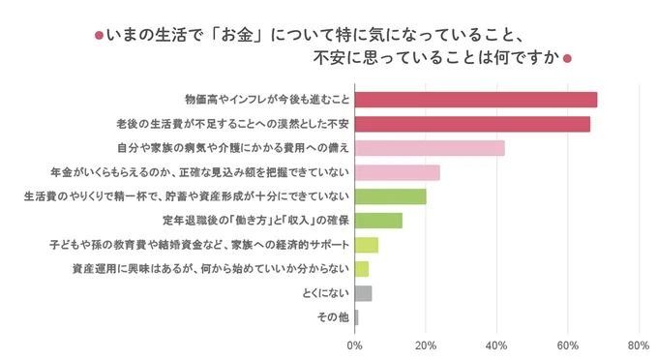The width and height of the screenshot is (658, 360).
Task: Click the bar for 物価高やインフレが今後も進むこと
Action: click(x=476, y=100)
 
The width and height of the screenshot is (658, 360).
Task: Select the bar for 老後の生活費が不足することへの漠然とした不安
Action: click(x=472, y=124)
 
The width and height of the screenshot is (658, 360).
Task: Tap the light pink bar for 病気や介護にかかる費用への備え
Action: click(x=430, y=148)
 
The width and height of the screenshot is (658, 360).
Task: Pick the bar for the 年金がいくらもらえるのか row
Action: click(x=398, y=172)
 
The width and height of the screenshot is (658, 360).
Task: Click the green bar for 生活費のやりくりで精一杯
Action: click(x=391, y=196)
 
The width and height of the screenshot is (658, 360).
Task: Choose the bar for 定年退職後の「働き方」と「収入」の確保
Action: click(x=378, y=221)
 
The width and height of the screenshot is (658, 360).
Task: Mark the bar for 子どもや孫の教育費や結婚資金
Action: click(x=367, y=245)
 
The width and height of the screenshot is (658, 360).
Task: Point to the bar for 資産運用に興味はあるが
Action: click(x=362, y=269)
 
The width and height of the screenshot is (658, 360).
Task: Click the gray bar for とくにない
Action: click(x=364, y=293)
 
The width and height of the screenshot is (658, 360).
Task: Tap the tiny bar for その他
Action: click(x=357, y=317)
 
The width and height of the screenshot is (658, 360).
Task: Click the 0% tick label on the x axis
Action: click(x=355, y=345)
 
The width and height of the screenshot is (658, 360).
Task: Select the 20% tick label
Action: click(x=426, y=345)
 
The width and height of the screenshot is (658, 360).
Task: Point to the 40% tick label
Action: click(x=496, y=345)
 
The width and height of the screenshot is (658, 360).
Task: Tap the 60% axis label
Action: click(x=567, y=345)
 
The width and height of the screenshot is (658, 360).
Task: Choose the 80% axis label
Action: click(x=638, y=345)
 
